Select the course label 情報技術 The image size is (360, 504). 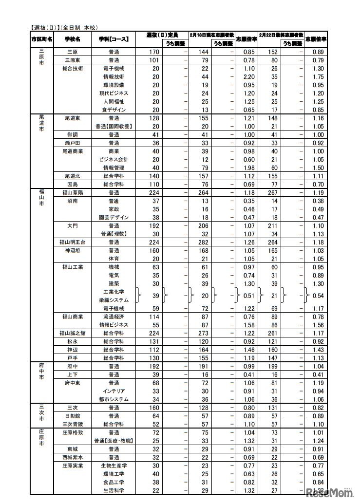tap(114, 77)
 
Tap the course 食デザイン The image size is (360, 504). tap(114, 110)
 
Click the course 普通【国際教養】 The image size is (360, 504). tap(114, 127)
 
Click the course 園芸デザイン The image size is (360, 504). tap(114, 218)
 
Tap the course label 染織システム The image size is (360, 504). tap(114, 300)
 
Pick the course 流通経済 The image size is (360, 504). tap(114, 317)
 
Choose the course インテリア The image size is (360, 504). tap(114, 391)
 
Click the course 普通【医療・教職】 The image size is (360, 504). tap(114, 441)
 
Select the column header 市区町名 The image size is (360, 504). tap(41, 39)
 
